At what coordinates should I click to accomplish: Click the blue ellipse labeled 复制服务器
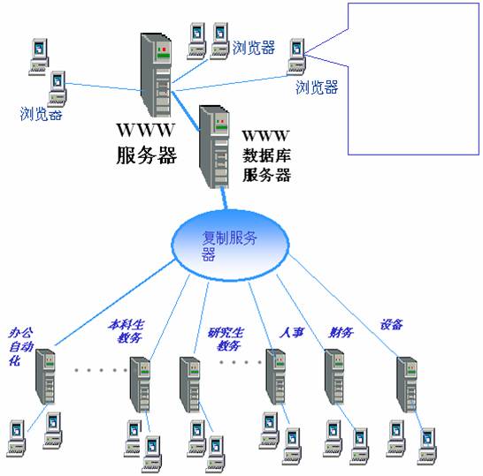[230, 246]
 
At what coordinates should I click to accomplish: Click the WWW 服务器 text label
[146, 143]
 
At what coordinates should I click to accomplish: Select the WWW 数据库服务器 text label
[266, 156]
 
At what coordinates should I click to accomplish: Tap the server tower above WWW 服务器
[156, 75]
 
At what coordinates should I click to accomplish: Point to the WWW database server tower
[214, 147]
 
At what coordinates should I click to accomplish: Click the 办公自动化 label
[20, 346]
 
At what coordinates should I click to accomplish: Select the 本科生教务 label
[126, 331]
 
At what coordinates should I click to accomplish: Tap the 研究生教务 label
[226, 339]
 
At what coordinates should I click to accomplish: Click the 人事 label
[292, 333]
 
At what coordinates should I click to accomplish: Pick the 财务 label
[341, 332]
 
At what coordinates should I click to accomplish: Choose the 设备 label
[391, 324]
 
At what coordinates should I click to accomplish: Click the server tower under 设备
[407, 384]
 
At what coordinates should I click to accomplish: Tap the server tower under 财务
[334, 377]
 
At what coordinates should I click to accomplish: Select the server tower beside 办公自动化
[45, 377]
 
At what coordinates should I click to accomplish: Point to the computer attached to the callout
[296, 57]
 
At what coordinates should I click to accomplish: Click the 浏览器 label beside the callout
[317, 87]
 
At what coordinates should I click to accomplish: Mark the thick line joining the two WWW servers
[186, 110]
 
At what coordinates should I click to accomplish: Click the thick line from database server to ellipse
[224, 199]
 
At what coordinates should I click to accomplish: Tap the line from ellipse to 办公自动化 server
[115, 303]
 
